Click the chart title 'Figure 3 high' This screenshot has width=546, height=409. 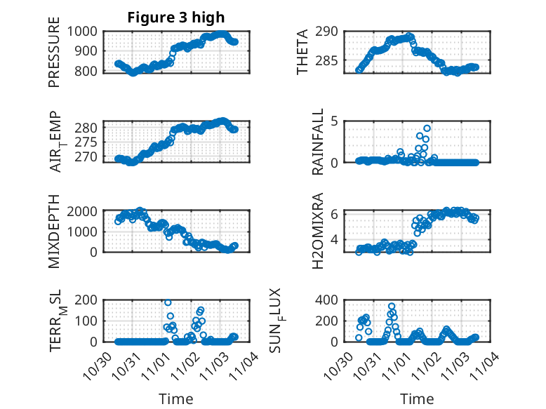(175, 18)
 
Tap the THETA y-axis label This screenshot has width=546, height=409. (302, 53)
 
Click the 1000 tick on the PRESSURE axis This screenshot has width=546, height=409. (84, 32)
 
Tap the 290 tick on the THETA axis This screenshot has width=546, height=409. (333, 32)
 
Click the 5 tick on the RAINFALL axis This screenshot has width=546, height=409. (335, 121)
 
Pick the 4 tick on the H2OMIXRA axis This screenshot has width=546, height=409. (335, 240)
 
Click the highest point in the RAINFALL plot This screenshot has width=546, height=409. (427, 128)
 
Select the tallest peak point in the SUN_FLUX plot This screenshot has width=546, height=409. (392, 307)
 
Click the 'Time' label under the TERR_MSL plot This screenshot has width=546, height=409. (175, 398)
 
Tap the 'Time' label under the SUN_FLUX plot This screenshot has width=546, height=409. (417, 398)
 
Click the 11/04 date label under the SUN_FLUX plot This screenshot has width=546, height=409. (486, 366)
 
